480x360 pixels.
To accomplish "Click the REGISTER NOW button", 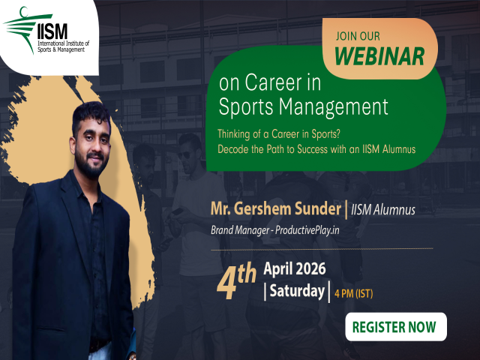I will (395, 327).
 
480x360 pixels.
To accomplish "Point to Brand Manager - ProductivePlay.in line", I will (275, 229).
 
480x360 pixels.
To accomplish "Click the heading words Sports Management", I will (302, 106).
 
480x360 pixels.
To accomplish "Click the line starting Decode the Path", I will (316, 148).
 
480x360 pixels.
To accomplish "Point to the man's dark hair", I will (88, 112).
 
